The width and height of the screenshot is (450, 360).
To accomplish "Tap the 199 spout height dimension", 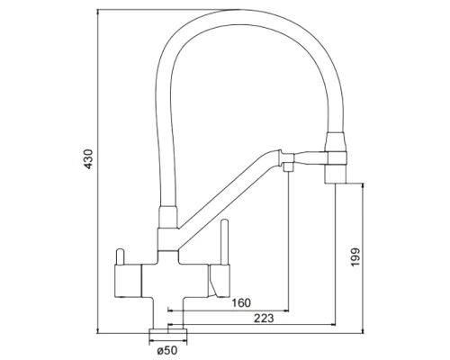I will point(357,257).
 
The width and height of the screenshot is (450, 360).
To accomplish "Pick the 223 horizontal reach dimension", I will point(264,318).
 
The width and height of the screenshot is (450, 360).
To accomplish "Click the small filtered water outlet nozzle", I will point(288,170).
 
